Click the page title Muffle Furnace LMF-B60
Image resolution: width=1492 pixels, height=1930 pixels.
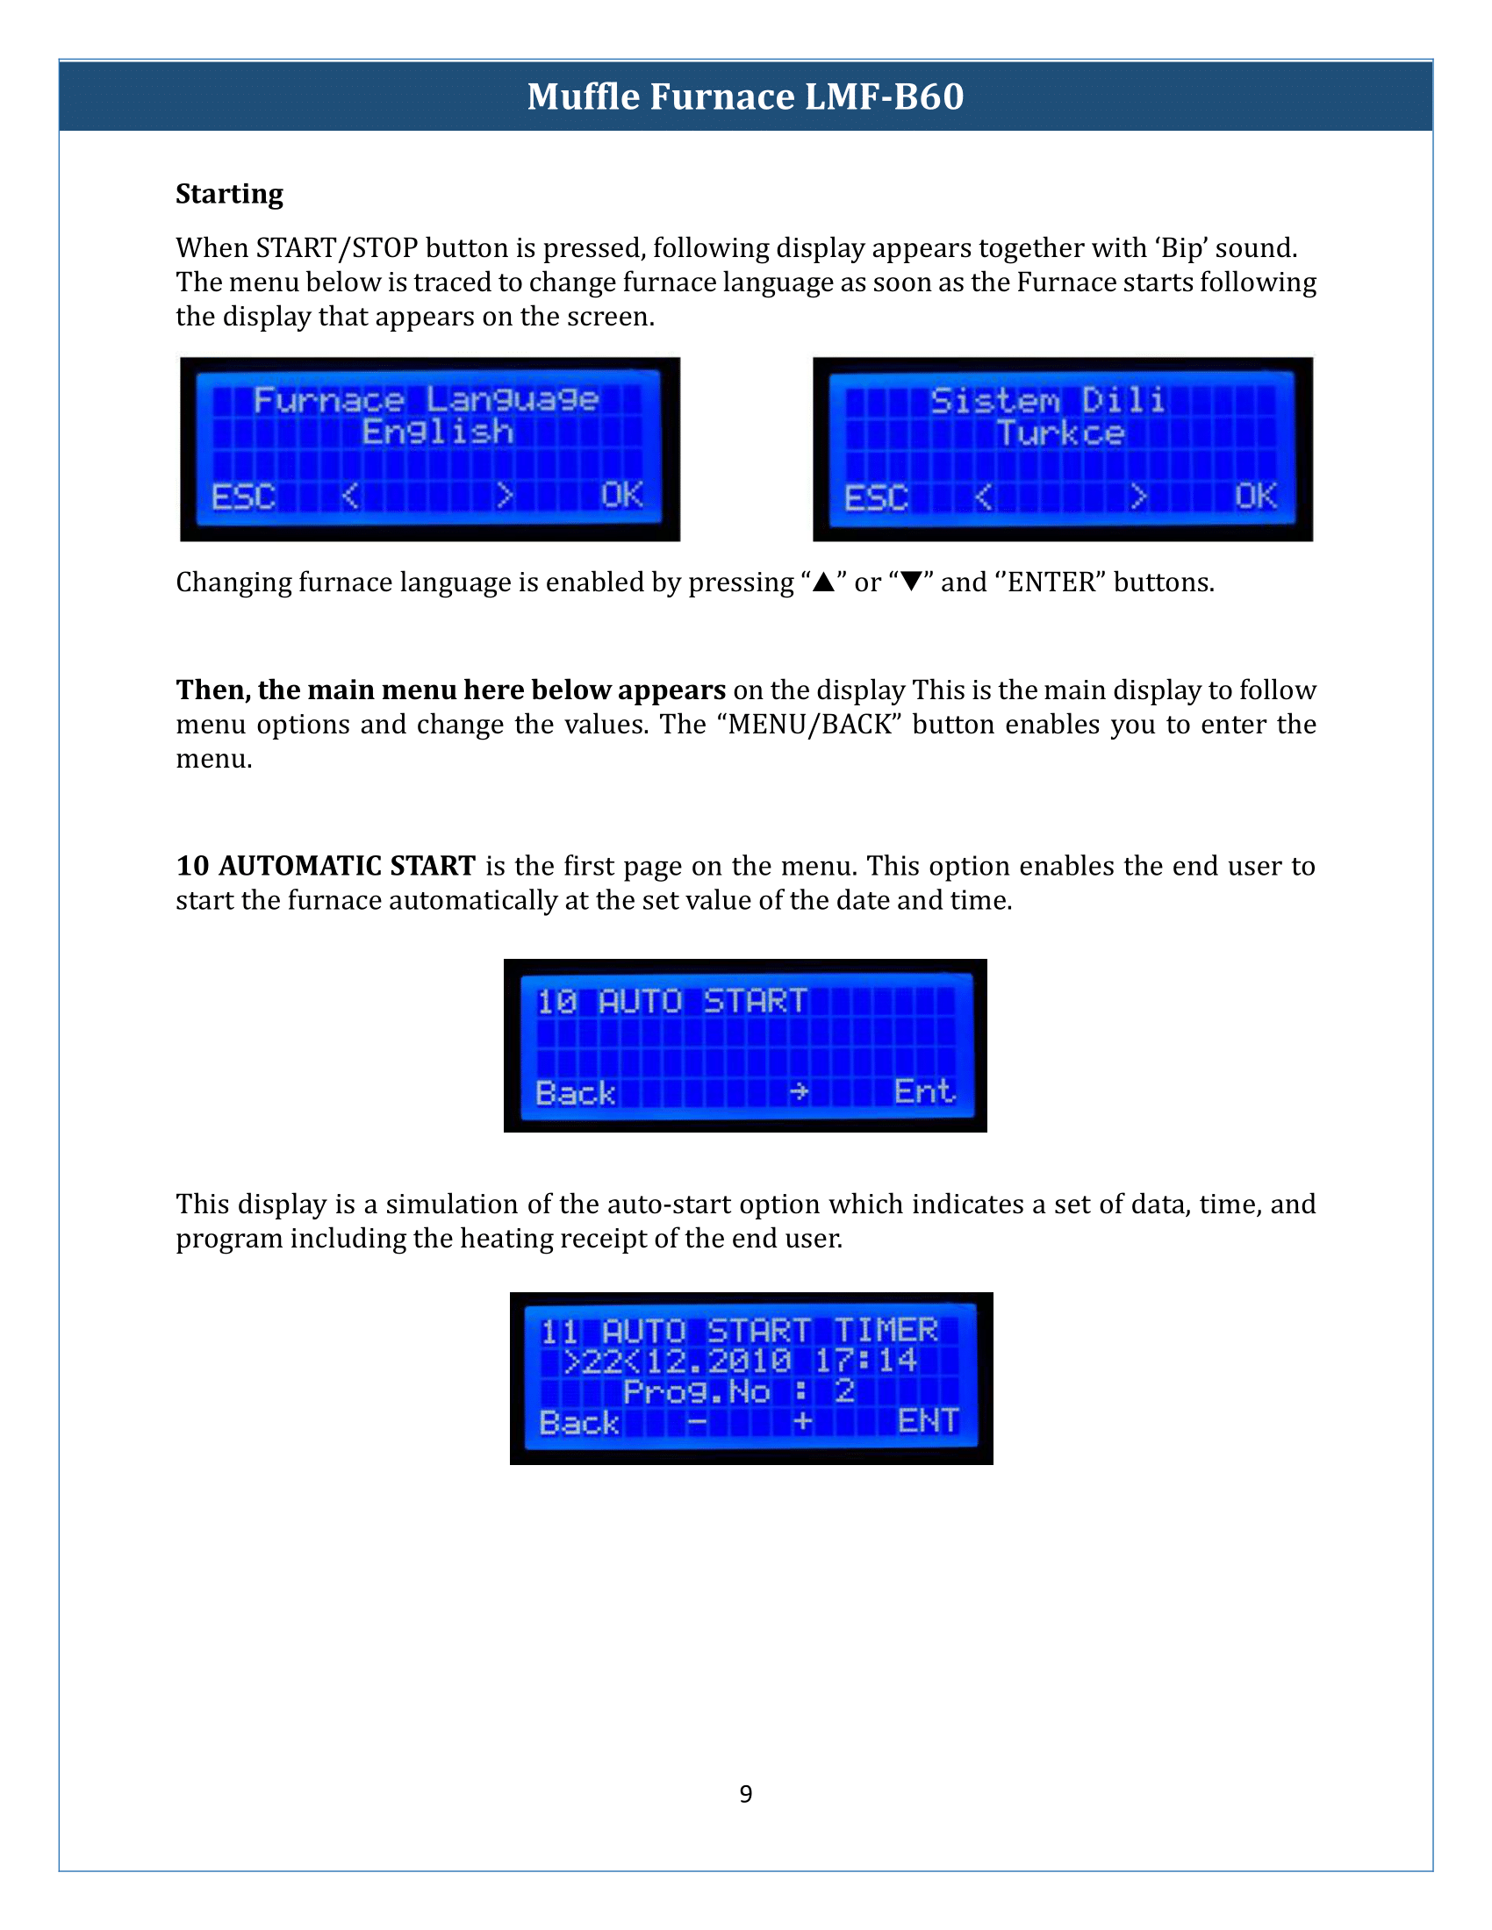pyautogui.click(x=745, y=96)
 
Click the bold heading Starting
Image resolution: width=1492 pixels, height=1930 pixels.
pyautogui.click(x=230, y=194)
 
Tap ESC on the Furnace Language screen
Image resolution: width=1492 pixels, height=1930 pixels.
pyautogui.click(x=243, y=497)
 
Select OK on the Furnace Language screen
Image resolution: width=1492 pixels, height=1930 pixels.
pyautogui.click(x=621, y=495)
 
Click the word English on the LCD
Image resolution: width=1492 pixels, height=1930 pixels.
pyautogui.click(x=438, y=432)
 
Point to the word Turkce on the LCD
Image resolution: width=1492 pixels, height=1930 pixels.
pyautogui.click(x=1061, y=433)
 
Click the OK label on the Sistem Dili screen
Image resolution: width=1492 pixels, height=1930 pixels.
pyautogui.click(x=1255, y=497)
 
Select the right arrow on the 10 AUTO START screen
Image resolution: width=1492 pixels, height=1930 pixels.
pyautogui.click(x=799, y=1092)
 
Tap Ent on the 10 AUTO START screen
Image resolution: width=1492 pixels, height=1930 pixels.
pyautogui.click(x=923, y=1091)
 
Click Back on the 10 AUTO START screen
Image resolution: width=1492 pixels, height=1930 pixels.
pyautogui.click(x=576, y=1093)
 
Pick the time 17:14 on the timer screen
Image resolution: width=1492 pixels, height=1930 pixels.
pyautogui.click(x=865, y=1360)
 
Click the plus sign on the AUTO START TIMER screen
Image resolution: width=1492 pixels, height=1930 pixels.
pyautogui.click(x=802, y=1421)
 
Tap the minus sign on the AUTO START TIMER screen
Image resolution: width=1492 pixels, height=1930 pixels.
pyautogui.click(x=698, y=1422)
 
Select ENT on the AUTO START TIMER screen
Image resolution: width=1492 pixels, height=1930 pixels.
pyautogui.click(x=928, y=1420)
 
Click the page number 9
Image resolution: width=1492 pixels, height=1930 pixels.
pyautogui.click(x=746, y=1794)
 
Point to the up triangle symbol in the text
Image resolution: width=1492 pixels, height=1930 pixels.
pyautogui.click(x=824, y=582)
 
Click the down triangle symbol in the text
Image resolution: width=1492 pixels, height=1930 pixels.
pyautogui.click(x=911, y=582)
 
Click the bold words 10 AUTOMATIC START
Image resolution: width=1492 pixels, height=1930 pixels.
pyautogui.click(x=326, y=865)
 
